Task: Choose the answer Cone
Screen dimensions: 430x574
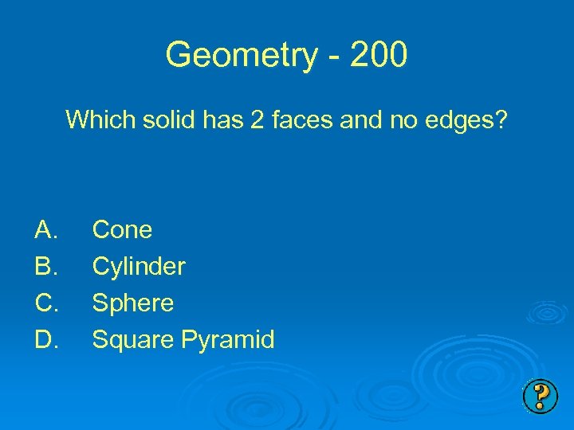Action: pos(122,230)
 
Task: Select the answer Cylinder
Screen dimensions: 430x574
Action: pos(139,267)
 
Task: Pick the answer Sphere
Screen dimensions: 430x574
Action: pos(133,303)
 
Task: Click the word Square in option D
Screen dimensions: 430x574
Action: pos(133,340)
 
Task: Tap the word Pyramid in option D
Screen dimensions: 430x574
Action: pos(227,340)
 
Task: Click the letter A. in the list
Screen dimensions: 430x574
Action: pos(45,230)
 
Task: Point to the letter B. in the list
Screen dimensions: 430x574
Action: pos(45,267)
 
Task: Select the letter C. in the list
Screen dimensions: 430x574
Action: pos(45,303)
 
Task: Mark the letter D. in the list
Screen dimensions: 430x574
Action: pos(45,340)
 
